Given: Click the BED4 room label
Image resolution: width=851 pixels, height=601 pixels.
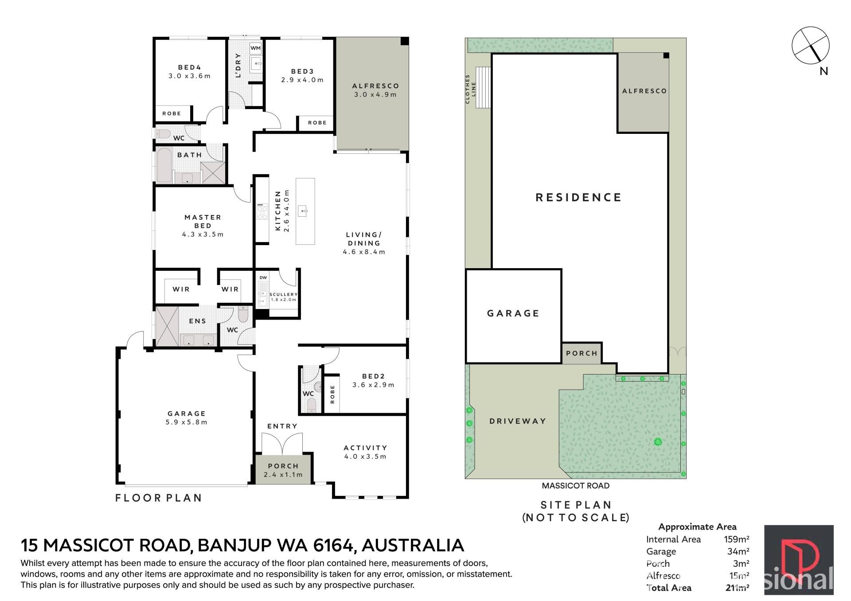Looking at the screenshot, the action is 189,67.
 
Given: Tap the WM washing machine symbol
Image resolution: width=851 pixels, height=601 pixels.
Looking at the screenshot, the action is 256,48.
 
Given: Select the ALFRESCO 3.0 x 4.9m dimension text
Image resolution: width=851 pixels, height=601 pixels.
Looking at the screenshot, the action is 375,94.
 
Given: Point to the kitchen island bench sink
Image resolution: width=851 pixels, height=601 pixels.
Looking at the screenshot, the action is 303,210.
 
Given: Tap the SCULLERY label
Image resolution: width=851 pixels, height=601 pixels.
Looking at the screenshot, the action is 283,294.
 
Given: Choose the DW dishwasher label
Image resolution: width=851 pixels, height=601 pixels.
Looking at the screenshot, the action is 263,278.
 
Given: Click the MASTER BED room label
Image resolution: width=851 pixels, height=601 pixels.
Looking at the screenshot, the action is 203,221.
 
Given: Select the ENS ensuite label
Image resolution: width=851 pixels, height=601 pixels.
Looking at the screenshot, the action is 198,321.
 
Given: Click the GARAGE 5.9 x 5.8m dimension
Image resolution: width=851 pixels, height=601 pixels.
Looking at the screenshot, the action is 187,422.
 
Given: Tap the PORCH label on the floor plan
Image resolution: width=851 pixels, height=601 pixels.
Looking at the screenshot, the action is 283,466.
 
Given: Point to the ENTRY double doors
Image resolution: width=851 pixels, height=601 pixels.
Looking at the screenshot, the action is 282,443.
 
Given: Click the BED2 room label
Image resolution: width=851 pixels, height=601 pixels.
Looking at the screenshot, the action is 373,376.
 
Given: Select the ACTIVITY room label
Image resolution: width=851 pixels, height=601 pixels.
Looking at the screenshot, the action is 365,448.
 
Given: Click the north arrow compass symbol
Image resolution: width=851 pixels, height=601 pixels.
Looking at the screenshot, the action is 811,46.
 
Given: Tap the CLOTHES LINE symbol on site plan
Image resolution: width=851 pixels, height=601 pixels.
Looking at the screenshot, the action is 483,87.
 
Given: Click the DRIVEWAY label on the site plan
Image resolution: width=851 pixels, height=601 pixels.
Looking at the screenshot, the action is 518,421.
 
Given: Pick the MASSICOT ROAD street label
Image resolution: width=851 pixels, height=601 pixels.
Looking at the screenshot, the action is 576,485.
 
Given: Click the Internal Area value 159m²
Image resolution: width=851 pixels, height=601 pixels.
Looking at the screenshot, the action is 737,539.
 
